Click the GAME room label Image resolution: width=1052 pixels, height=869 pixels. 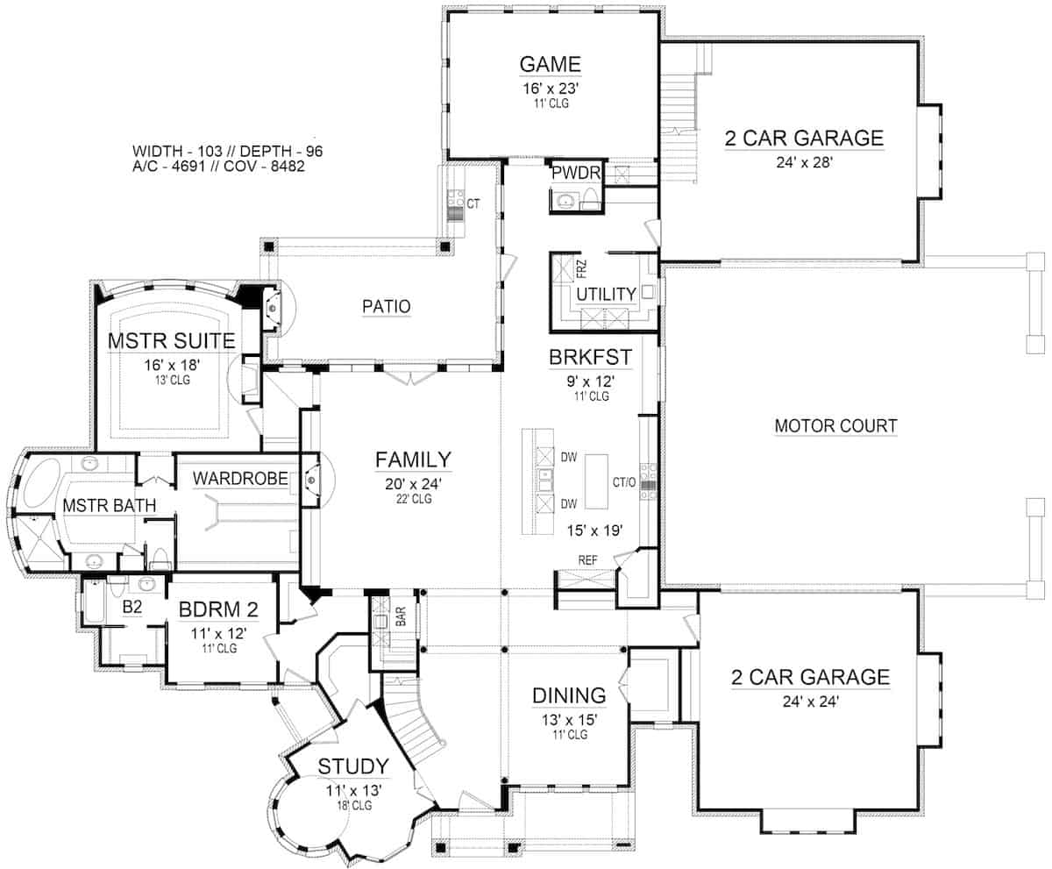click(x=551, y=64)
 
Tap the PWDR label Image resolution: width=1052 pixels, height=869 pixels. click(x=576, y=173)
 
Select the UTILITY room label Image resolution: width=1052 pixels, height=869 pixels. click(x=606, y=294)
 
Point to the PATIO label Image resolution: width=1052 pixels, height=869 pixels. click(x=387, y=306)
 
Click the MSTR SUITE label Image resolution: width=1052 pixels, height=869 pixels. click(x=172, y=341)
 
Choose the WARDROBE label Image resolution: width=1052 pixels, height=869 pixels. click(x=240, y=479)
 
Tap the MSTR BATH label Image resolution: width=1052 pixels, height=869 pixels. click(x=110, y=505)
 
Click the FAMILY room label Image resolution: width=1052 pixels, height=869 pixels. click(x=413, y=459)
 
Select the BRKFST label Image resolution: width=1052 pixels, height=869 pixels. click(x=590, y=357)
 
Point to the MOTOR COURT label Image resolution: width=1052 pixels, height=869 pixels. click(x=835, y=426)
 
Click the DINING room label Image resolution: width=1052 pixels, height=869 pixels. click(x=569, y=695)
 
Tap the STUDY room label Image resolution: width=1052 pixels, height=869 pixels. click(x=353, y=766)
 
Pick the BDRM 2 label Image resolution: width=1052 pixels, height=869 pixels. click(x=218, y=609)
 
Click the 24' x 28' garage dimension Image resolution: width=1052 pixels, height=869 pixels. click(x=804, y=162)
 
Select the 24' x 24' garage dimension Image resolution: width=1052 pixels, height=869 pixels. click(x=810, y=702)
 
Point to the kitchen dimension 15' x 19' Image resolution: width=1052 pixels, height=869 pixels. click(x=595, y=531)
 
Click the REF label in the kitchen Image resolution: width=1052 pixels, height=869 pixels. click(x=587, y=560)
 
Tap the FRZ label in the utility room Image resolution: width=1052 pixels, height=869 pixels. click(x=581, y=269)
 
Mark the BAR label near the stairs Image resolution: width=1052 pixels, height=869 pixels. click(x=401, y=616)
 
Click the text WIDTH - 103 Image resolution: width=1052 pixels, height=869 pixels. click(x=177, y=151)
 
